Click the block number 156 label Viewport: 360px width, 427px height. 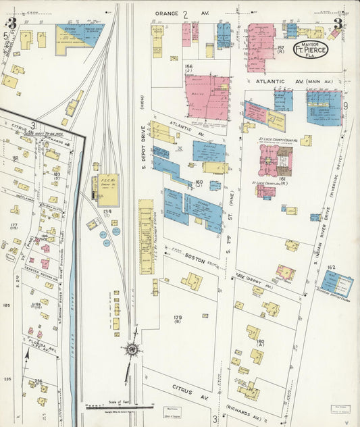[188, 67]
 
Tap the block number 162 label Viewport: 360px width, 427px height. [331, 268]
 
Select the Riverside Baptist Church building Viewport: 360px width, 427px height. [336, 281]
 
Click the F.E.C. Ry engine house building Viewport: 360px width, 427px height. [107, 190]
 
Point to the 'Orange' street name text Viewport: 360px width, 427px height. [165, 13]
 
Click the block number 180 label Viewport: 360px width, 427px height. [259, 343]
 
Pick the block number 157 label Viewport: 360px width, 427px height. [280, 49]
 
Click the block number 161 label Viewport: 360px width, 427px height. [282, 179]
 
